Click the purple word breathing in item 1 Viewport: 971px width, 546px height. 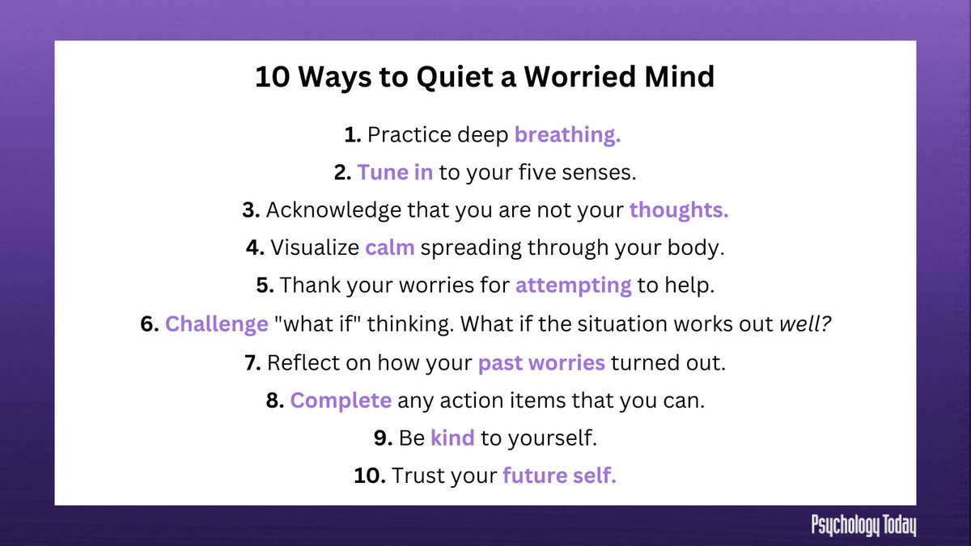[x=567, y=136]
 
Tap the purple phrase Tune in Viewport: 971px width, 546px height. [x=395, y=172]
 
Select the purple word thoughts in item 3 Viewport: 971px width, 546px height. [x=679, y=210]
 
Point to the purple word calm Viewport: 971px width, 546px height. [x=389, y=248]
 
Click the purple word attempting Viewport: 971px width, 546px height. [x=573, y=285]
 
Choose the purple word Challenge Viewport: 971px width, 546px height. [x=216, y=324]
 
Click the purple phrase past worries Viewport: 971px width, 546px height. [x=541, y=363]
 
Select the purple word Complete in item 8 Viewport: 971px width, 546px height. [x=341, y=400]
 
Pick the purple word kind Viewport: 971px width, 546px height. [x=452, y=438]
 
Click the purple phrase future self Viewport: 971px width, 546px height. [x=559, y=476]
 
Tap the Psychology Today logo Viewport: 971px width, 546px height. [x=863, y=526]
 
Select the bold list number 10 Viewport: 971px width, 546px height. [x=368, y=476]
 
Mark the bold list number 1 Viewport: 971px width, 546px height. [x=352, y=136]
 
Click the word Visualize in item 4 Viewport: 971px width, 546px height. [x=314, y=248]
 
